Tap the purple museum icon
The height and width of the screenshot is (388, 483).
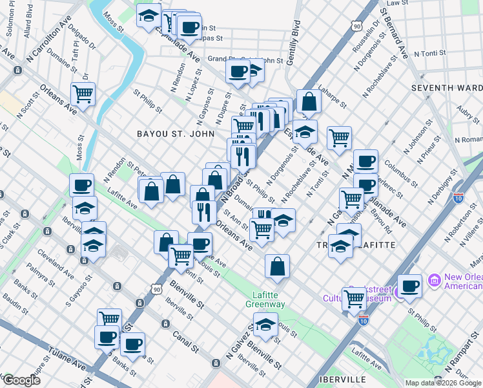point(434,281)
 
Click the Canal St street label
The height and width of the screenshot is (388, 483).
point(185,342)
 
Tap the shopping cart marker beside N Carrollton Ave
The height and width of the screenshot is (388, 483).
point(83,94)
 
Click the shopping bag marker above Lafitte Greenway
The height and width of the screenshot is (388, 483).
point(277,266)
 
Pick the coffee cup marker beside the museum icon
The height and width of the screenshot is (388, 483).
point(409,286)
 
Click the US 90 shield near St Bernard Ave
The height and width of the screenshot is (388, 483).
point(357,26)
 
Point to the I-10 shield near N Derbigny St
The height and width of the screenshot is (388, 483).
point(459,198)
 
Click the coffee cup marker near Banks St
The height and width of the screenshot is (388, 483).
point(133,344)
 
